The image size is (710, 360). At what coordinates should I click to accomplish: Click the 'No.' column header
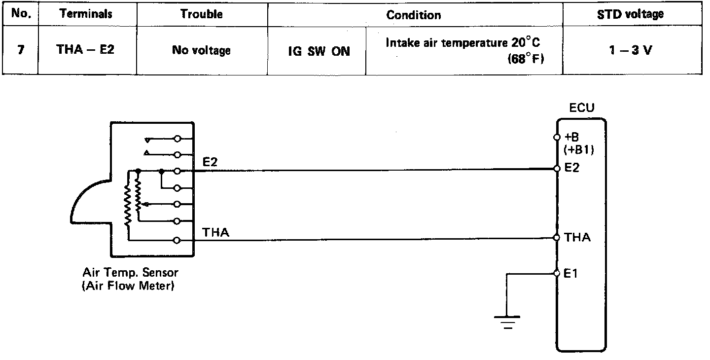pos(21,14)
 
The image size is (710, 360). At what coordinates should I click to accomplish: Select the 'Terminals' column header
pos(86,14)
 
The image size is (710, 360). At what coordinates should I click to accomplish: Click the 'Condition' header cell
pos(414,15)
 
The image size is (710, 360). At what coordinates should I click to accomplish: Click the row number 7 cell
pos(21,50)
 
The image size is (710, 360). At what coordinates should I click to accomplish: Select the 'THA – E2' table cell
pos(86,50)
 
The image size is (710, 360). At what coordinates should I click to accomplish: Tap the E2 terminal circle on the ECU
pos(557,169)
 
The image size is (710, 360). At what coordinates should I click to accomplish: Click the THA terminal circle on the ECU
pos(557,238)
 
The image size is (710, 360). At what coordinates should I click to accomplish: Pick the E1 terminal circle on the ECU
pos(557,273)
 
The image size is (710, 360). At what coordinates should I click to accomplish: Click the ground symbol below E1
pos(506,321)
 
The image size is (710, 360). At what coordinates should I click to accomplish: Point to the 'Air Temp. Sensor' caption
pos(130,272)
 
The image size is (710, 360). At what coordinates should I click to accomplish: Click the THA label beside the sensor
pos(216,232)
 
